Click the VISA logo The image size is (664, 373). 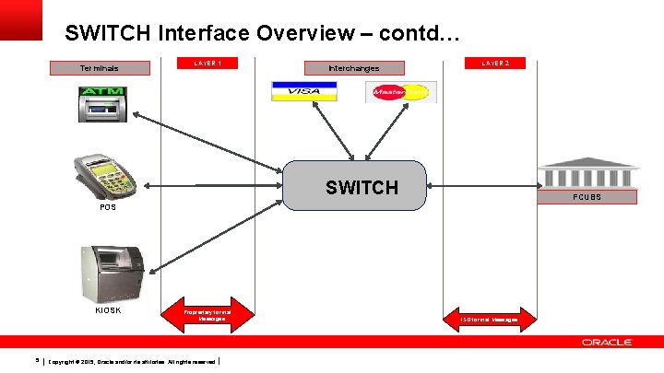click(303, 91)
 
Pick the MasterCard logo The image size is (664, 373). click(401, 92)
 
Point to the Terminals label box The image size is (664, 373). click(99, 67)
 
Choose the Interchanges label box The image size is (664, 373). click(354, 67)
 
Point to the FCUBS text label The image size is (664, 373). click(587, 197)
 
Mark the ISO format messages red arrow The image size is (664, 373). click(490, 319)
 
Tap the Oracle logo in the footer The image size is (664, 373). click(606, 343)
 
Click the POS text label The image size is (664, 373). click(109, 207)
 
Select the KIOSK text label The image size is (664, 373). click(108, 309)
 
